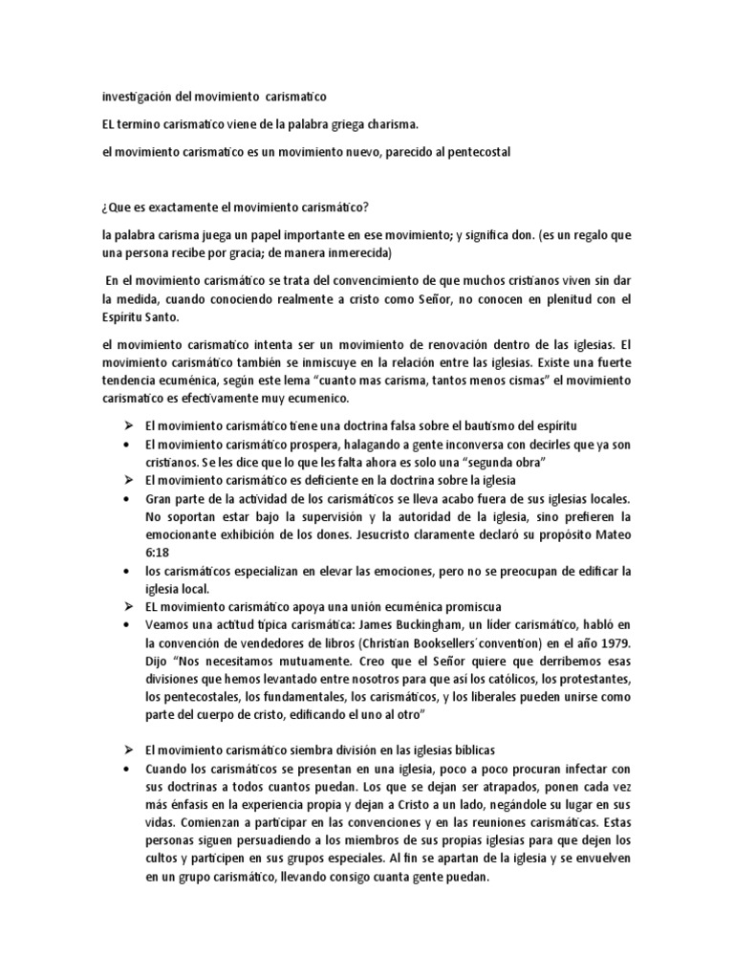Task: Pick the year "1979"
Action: click(612, 642)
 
